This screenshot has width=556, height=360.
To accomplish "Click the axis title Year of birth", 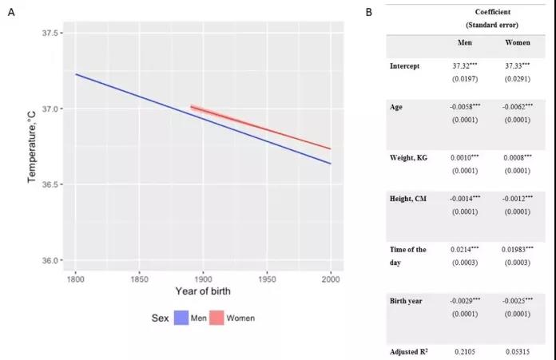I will (x=203, y=291).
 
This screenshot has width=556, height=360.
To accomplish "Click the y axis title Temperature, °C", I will (x=33, y=147).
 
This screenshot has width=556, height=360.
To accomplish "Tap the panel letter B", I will (x=368, y=13).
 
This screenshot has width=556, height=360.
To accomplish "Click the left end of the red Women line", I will (x=191, y=106).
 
